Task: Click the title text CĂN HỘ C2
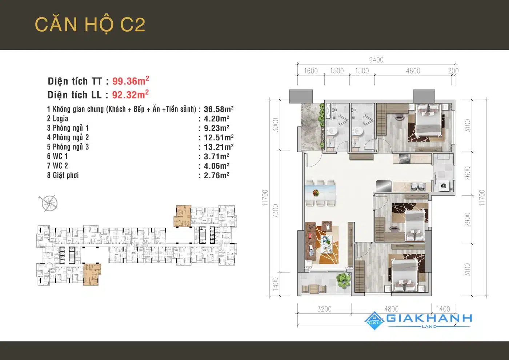pos(90,25)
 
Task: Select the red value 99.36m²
pos(131,81)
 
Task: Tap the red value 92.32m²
pos(131,94)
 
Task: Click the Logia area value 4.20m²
pos(217,119)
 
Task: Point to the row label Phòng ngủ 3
pos(68,147)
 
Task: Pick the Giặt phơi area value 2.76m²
pos(217,175)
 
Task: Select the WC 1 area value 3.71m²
pos(217,156)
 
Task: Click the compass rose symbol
pos(49,203)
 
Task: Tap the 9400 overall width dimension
pos(376,60)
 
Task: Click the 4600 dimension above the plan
pos(413,71)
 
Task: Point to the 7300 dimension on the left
pos(275,211)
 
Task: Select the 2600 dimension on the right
pos(467,173)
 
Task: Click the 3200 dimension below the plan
pos(324,309)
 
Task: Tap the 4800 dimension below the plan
pos(391,309)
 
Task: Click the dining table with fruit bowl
pos(320,193)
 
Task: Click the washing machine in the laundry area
pos(443,186)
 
